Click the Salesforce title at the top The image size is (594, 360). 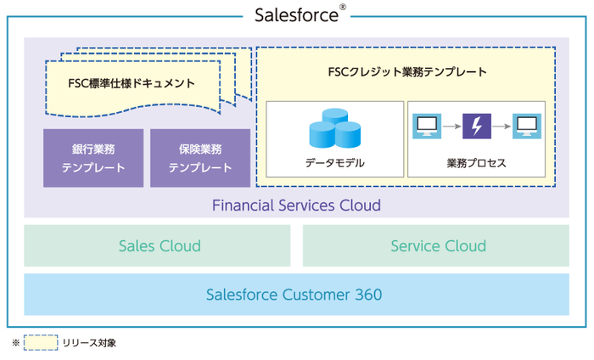coord(294,14)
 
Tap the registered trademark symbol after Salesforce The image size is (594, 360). coord(342,8)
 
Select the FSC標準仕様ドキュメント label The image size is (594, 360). coord(132,83)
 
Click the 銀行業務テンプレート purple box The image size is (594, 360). coord(93,158)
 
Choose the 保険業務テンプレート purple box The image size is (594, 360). coord(200,158)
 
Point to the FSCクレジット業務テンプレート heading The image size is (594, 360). coord(406,72)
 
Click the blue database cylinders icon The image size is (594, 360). coord(334,129)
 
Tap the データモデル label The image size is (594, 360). coord(334,163)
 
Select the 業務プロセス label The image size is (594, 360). coord(476,163)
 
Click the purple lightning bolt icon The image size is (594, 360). coord(476,127)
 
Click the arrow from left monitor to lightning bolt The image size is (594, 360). coord(451,127)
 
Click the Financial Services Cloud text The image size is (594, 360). coord(296,205)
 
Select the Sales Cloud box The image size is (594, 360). coord(159,246)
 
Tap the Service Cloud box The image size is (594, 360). coord(437,246)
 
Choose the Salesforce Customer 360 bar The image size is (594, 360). coord(296,295)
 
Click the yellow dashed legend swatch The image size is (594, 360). coord(42,343)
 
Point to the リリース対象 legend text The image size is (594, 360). coord(89,343)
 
